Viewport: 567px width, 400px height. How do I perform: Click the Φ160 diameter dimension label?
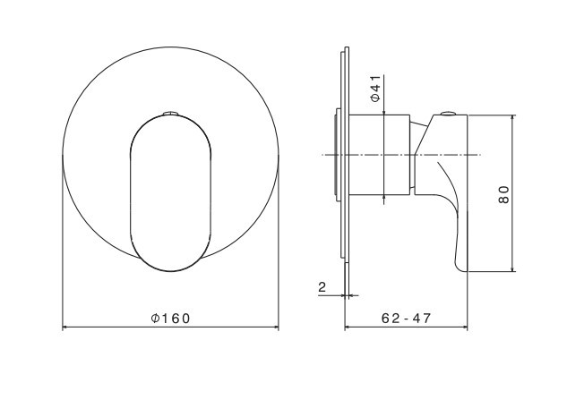click(x=170, y=319)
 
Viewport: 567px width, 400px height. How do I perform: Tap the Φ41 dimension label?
click(x=376, y=89)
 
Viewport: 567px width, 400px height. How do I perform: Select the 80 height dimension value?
click(x=503, y=195)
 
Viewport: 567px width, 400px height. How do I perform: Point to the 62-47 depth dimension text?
click(x=406, y=319)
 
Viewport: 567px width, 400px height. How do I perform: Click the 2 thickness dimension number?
click(x=322, y=287)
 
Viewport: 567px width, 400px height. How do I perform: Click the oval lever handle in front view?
click(x=170, y=193)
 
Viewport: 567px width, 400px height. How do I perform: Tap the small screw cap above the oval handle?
click(x=170, y=114)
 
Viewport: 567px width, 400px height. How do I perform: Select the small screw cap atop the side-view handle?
click(x=449, y=114)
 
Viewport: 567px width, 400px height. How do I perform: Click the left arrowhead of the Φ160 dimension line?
click(x=65, y=328)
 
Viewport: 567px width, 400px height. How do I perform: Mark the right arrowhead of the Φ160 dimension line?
click(x=276, y=328)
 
